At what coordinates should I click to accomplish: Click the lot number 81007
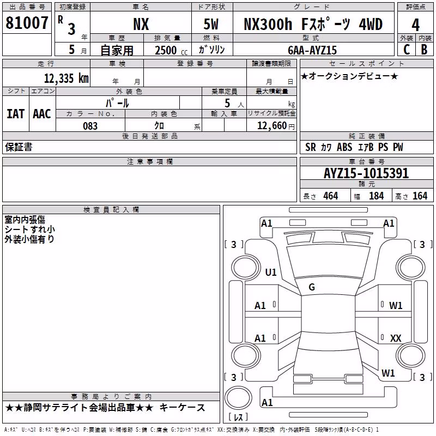click(x=27, y=23)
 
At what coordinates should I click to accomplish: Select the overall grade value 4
click(x=415, y=25)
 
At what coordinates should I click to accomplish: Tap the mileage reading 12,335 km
click(x=66, y=78)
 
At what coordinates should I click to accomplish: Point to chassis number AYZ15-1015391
click(x=366, y=173)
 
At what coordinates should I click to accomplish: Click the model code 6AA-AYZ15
click(x=312, y=50)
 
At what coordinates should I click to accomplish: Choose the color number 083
click(x=90, y=126)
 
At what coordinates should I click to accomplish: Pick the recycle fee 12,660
click(x=271, y=126)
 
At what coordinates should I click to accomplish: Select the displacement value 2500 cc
click(x=171, y=50)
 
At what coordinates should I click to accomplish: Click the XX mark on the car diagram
click(x=396, y=338)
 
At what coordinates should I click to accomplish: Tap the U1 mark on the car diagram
click(x=271, y=272)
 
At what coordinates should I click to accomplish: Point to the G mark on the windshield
click(x=312, y=287)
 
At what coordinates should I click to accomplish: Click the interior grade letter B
click(x=425, y=50)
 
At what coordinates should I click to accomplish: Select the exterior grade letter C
click(x=407, y=50)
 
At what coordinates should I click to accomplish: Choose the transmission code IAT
click(x=16, y=114)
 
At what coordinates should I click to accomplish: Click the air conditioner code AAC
click(x=42, y=114)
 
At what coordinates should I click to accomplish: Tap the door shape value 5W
click(x=211, y=24)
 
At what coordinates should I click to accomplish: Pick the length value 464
click(x=331, y=196)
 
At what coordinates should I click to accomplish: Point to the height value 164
click(x=420, y=196)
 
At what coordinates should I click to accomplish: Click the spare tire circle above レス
click(x=238, y=398)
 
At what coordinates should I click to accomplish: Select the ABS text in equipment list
click(x=344, y=147)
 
